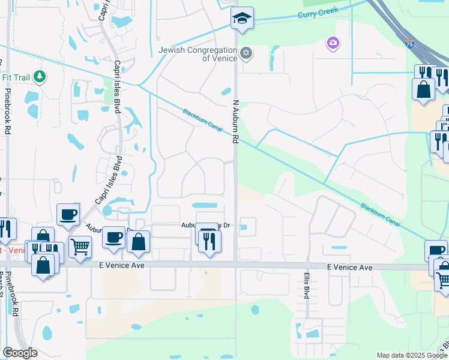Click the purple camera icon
point(332,43)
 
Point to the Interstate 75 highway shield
point(409,44)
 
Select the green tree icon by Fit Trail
point(40,76)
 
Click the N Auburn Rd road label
point(236,122)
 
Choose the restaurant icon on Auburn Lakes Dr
point(209,241)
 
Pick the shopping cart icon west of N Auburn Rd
point(80,245)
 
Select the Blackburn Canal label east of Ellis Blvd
point(380,214)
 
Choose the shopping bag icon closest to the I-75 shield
point(423,89)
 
